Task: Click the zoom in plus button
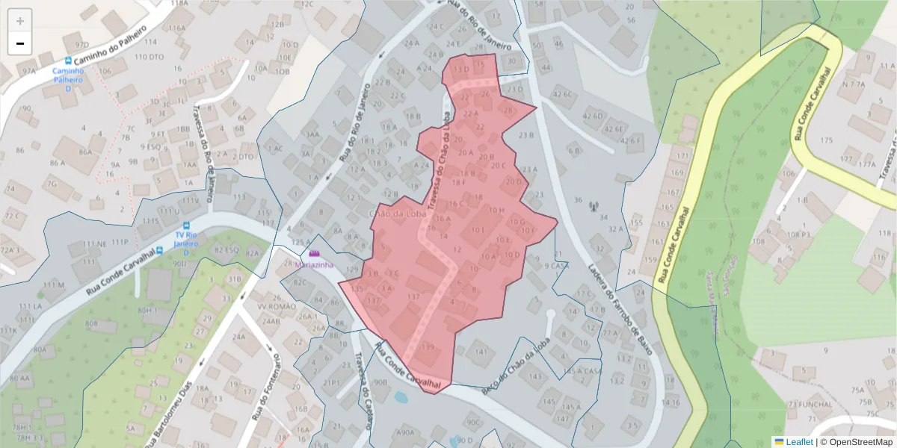pos(20,21)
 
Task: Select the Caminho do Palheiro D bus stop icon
pos(69,60)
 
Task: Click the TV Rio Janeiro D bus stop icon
pos(187,225)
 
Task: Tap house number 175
pos(826,140)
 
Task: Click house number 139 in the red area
pos(428,347)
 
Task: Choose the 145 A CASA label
pos(582,371)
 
